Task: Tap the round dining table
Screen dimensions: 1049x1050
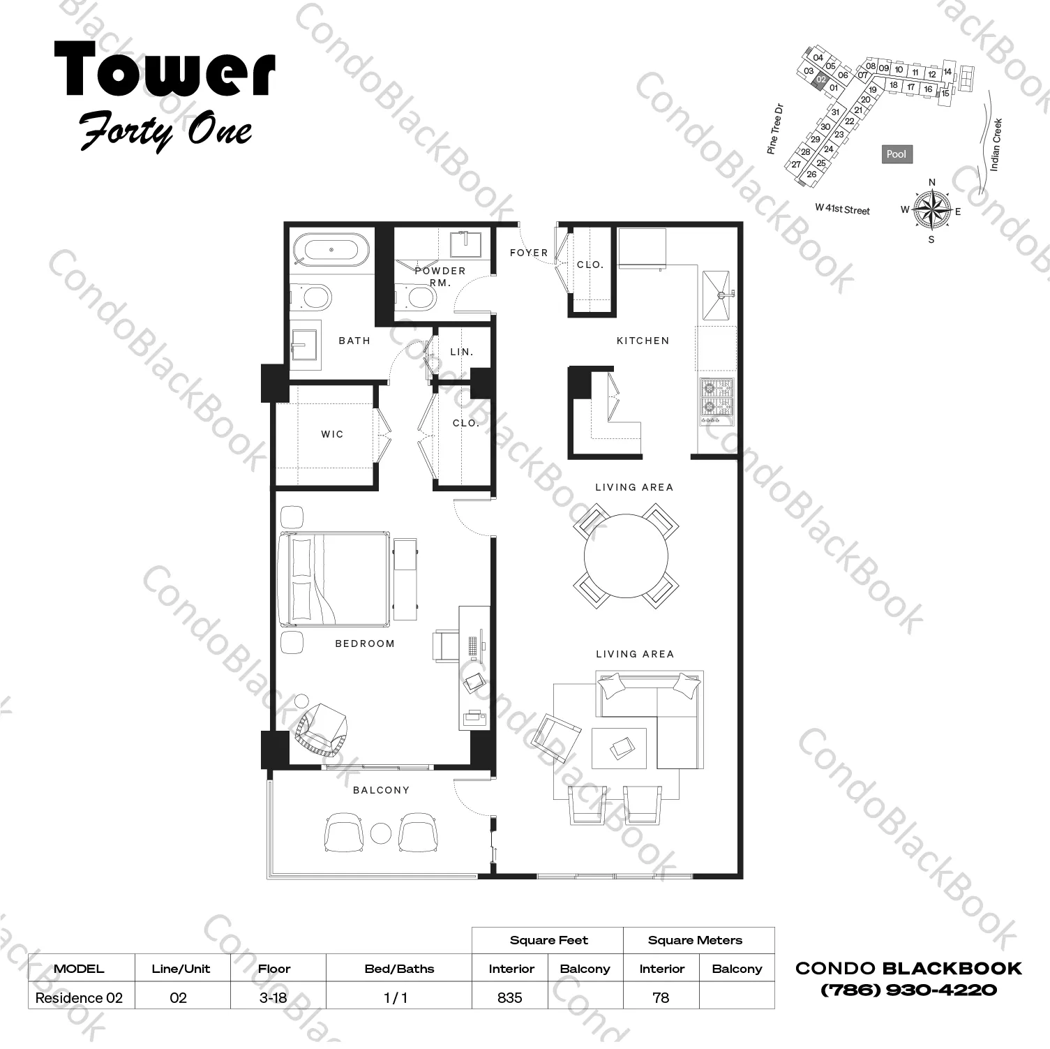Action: pyautogui.click(x=626, y=556)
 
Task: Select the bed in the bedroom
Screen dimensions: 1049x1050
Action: pyautogui.click(x=334, y=579)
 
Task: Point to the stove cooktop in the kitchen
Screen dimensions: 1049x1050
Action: pyautogui.click(x=717, y=401)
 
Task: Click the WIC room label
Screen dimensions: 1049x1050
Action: pyautogui.click(x=332, y=434)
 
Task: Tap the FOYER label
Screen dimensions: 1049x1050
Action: pyautogui.click(x=528, y=253)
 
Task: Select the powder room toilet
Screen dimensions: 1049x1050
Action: pyautogui.click(x=419, y=298)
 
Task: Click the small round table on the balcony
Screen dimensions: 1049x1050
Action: pyautogui.click(x=381, y=833)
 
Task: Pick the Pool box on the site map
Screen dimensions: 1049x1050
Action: pyautogui.click(x=896, y=154)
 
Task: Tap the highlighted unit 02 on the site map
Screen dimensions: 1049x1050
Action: pyautogui.click(x=821, y=80)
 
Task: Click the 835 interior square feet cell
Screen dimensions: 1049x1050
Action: pyautogui.click(x=510, y=997)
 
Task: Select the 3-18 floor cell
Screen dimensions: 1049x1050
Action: pyautogui.click(x=273, y=997)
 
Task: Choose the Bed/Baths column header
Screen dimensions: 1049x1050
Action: pyautogui.click(x=399, y=969)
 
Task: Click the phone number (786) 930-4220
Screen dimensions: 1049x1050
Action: pyautogui.click(x=908, y=990)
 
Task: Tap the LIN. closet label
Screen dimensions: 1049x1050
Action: pyautogui.click(x=461, y=352)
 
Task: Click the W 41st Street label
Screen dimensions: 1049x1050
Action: pyautogui.click(x=842, y=209)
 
